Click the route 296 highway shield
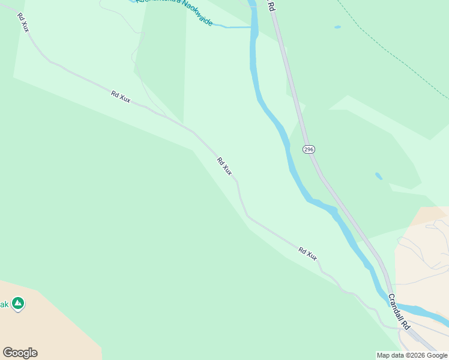(x=309, y=149)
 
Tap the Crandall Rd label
(x=399, y=311)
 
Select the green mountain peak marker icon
(x=18, y=304)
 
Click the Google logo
(x=20, y=353)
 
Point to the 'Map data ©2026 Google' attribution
(x=412, y=355)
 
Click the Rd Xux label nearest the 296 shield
(x=224, y=166)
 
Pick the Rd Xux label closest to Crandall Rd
(x=308, y=254)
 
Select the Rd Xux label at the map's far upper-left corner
(x=23, y=22)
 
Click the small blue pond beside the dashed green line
(x=337, y=27)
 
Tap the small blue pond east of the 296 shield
(x=378, y=176)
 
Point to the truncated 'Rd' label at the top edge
(x=271, y=5)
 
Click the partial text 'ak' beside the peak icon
(x=4, y=305)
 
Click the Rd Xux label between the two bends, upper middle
(x=121, y=96)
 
